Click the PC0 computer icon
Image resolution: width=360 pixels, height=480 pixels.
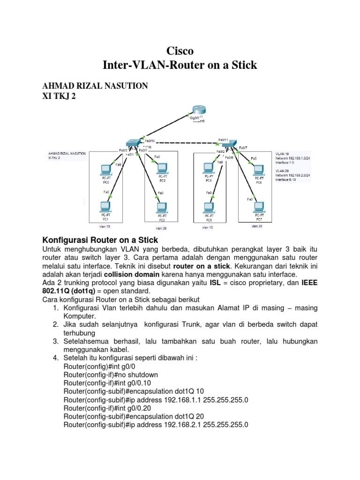tap(106, 169)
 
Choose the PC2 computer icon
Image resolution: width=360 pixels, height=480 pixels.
tap(162, 167)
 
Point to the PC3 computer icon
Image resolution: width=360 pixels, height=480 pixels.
tap(162, 206)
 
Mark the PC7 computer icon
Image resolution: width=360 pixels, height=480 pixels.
tap(259, 207)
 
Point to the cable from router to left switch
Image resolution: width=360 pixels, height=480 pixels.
tap(161, 127)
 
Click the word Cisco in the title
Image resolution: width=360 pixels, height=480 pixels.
tap(180, 51)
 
